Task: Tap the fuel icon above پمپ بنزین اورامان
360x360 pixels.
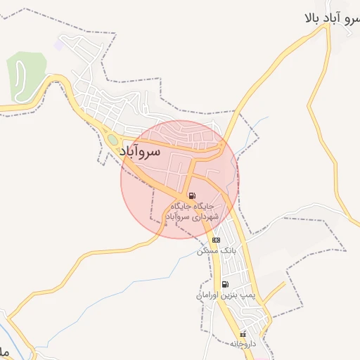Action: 225,285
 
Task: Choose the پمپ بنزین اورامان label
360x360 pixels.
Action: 225,296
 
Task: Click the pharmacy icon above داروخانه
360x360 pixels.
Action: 243,334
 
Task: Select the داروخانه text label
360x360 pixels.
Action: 243,345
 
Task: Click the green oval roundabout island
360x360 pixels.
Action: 113,140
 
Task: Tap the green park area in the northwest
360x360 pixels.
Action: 25,75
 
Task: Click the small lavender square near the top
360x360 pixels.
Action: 59,44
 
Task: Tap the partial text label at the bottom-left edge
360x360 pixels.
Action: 4,349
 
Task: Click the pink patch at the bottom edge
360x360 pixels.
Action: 262,357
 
